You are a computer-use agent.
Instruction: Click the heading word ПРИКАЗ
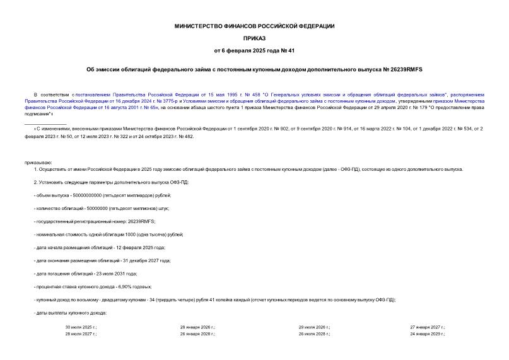(x=254, y=38)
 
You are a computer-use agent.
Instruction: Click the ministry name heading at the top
(x=254, y=26)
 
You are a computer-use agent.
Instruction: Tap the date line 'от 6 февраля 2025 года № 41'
(x=254, y=50)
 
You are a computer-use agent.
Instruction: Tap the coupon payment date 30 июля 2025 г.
(x=81, y=327)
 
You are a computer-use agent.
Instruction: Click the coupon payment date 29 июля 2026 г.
(x=314, y=327)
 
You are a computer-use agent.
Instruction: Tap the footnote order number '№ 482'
(x=186, y=136)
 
